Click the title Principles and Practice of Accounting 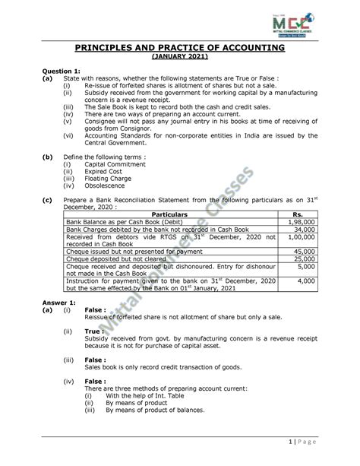coord(179,48)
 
